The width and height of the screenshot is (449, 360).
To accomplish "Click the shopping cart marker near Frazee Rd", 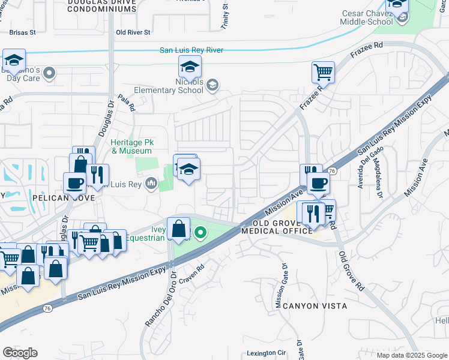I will coord(323,73).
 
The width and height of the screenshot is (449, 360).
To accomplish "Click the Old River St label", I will coord(133,32).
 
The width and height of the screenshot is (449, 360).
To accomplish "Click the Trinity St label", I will coord(225,17).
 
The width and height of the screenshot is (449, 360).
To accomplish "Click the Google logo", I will coord(20,353).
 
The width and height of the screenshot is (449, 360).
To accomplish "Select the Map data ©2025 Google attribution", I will coord(412,355).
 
